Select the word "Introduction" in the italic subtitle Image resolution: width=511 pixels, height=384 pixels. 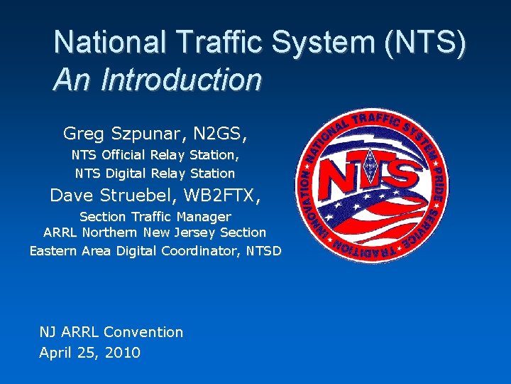pos(182,80)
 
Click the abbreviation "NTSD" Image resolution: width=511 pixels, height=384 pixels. pos(264,250)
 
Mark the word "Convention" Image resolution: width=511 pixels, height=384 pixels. pos(143,331)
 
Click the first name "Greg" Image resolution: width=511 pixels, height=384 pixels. pos(79,133)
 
